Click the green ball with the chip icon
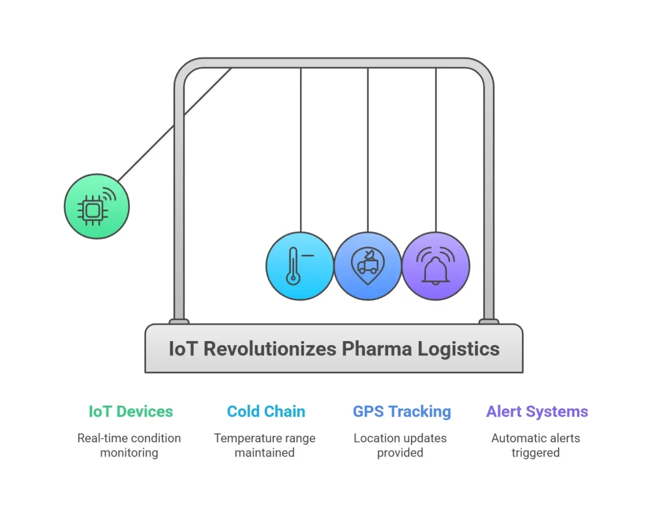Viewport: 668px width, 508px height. [x=97, y=206]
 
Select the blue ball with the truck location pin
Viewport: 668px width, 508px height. [x=368, y=266]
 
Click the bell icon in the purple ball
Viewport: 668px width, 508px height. [x=436, y=266]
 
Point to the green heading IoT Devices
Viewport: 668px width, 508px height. [x=130, y=411]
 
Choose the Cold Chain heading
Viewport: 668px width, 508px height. [x=266, y=411]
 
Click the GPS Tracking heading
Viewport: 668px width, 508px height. [x=401, y=411]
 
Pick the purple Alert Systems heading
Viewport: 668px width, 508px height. [x=537, y=411]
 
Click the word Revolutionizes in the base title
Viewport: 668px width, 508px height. [x=271, y=349]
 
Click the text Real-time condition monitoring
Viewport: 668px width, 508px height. [x=129, y=445]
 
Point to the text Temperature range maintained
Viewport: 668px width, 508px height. [x=265, y=445]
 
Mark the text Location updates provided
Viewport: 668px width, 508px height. [x=400, y=445]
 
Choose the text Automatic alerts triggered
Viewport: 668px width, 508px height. [x=536, y=445]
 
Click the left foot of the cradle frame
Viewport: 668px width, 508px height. [x=179, y=321]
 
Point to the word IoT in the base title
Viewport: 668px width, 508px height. [x=183, y=349]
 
